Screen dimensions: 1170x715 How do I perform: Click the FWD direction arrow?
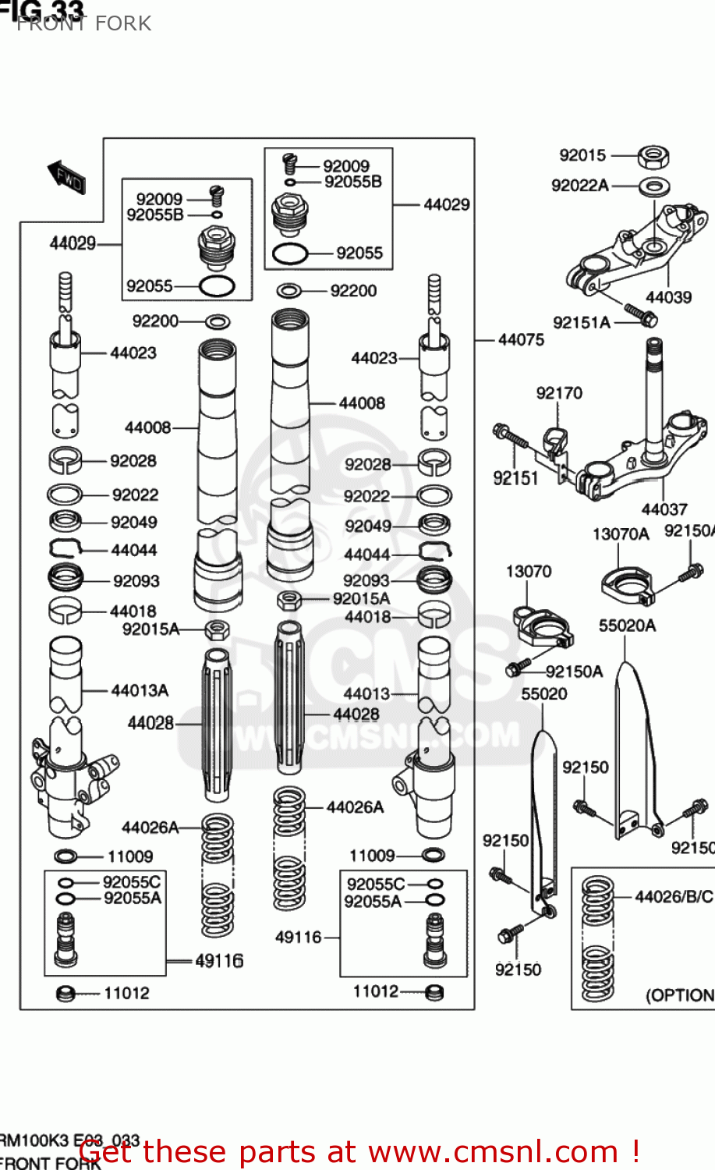(x=66, y=177)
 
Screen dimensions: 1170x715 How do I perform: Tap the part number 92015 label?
(x=582, y=155)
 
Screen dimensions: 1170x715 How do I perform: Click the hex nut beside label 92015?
(x=653, y=157)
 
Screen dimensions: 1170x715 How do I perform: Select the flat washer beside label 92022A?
(x=655, y=187)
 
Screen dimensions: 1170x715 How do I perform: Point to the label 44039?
(x=668, y=297)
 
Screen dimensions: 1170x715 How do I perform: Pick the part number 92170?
(x=559, y=393)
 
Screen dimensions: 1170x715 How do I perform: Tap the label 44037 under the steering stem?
(x=664, y=509)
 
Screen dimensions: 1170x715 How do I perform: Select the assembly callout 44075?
(x=521, y=340)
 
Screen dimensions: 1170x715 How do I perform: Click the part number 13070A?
(x=621, y=534)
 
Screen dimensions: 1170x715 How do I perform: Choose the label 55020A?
(x=627, y=626)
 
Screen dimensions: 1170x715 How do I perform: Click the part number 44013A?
(x=140, y=690)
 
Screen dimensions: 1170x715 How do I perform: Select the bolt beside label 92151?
(x=509, y=436)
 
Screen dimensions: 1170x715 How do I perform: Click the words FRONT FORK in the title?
(x=84, y=23)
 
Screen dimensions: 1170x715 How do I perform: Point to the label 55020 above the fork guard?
(x=544, y=693)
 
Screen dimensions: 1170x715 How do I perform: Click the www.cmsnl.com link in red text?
(x=492, y=1152)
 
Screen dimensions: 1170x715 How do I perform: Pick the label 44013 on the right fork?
(x=366, y=693)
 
